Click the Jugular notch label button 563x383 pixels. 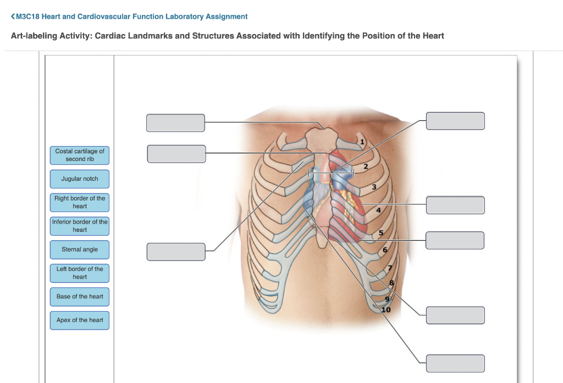[x=80, y=179]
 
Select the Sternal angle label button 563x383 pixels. [x=80, y=249]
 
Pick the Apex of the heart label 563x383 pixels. [x=80, y=320]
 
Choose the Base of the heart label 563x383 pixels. [x=80, y=297]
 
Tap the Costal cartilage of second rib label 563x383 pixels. [x=80, y=155]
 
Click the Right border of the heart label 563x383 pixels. [x=80, y=202]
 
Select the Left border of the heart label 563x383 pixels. [x=80, y=273]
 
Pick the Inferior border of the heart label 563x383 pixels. [x=80, y=226]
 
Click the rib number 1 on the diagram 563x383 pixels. [x=362, y=142]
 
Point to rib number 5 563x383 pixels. [x=380, y=233]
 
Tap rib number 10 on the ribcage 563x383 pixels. [x=386, y=310]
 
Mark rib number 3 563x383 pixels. [x=374, y=187]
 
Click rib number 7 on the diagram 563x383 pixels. [x=390, y=268]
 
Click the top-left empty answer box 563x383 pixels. [x=175, y=123]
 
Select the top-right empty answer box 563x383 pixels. [x=455, y=121]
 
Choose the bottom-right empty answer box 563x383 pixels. [x=455, y=363]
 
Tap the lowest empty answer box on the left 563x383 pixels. [x=176, y=252]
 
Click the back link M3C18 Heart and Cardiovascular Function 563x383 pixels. [x=129, y=16]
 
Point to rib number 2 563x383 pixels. [x=366, y=166]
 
